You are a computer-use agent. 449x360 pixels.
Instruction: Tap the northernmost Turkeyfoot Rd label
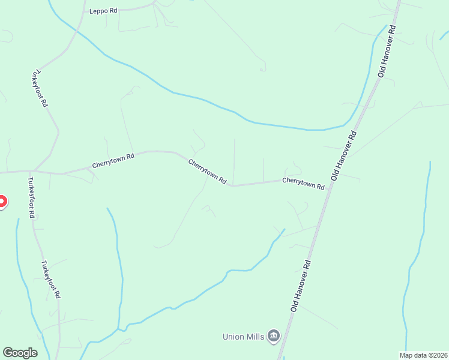(x=40, y=88)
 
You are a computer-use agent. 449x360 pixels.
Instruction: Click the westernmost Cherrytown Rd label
(x=113, y=160)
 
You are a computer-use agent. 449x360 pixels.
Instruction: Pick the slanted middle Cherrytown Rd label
(x=207, y=172)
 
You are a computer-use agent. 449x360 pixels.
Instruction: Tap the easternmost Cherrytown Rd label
(x=303, y=182)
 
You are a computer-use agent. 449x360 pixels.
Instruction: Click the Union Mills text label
(x=243, y=337)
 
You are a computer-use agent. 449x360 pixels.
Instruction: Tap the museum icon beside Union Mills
(x=274, y=335)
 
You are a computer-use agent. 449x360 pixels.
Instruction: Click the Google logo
(x=20, y=353)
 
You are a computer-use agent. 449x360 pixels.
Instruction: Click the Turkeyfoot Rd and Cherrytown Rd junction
(x=32, y=172)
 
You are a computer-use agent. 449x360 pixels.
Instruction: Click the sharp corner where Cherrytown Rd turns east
(x=232, y=186)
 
